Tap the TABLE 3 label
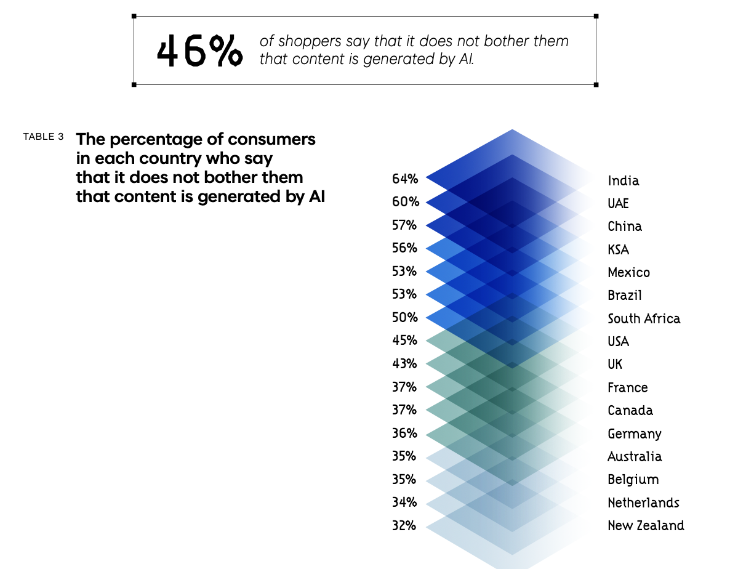(x=43, y=137)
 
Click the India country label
(x=624, y=180)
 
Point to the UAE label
(x=619, y=203)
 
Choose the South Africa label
(x=644, y=318)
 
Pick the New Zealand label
(x=646, y=525)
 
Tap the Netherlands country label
(x=643, y=502)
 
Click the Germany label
(x=635, y=434)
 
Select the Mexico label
(x=628, y=272)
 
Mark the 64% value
(x=405, y=179)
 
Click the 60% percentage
(x=405, y=202)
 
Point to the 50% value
(x=405, y=317)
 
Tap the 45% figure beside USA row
(x=405, y=340)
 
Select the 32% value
(x=404, y=525)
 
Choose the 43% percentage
(x=405, y=363)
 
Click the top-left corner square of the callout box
(x=134, y=16)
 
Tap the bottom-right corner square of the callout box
(x=596, y=84)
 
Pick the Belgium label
(x=633, y=479)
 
